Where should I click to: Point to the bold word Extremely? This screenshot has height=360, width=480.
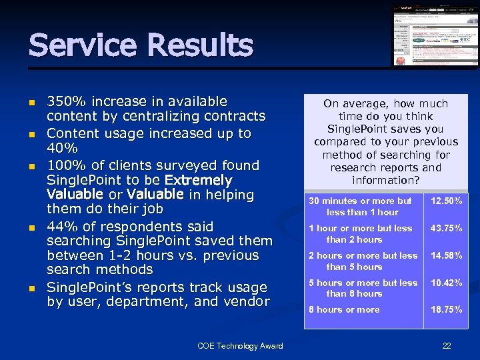tap(199, 180)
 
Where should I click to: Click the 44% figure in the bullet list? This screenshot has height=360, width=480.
tap(60, 226)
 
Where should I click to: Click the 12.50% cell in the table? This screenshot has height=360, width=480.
tap(446, 201)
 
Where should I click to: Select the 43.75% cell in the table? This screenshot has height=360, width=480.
tap(446, 229)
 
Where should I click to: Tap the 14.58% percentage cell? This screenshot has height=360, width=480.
tap(446, 255)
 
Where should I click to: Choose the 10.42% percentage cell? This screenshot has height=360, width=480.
tap(446, 283)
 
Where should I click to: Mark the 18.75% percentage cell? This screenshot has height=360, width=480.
tap(446, 310)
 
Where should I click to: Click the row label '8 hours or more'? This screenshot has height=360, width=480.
tap(343, 310)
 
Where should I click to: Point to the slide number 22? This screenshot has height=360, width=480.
tap(447, 345)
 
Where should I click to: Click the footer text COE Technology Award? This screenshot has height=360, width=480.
tap(240, 345)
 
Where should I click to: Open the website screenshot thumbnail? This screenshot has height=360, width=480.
tap(435, 36)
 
